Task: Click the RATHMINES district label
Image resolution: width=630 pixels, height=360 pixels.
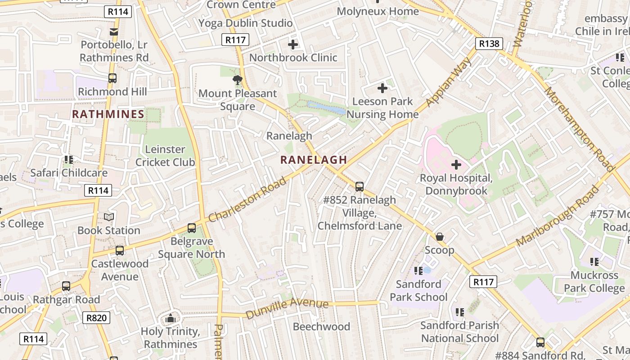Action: [108, 114]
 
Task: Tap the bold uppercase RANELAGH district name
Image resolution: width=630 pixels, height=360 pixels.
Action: [314, 160]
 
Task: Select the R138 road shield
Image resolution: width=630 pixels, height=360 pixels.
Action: [489, 44]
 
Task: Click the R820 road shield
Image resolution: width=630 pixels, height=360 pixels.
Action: [97, 318]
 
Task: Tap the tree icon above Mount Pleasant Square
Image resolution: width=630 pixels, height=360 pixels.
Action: [237, 81]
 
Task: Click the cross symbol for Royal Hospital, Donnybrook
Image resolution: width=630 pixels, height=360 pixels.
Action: [456, 165]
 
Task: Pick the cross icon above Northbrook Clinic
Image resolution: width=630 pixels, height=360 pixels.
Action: [293, 45]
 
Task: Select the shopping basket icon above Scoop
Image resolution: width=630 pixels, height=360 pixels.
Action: [440, 237]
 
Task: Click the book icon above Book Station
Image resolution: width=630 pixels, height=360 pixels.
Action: [109, 217]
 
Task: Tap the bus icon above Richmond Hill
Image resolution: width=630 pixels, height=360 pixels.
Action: [112, 78]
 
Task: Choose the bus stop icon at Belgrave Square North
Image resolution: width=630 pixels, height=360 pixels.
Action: [192, 228]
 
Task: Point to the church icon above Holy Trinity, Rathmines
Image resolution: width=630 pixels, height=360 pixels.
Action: [170, 319]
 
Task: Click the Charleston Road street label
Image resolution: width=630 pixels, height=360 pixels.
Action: [247, 199]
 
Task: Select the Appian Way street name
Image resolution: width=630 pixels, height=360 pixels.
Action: [448, 82]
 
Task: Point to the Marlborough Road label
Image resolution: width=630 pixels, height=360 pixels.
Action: [558, 216]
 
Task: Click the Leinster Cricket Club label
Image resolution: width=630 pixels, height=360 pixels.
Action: [165, 156]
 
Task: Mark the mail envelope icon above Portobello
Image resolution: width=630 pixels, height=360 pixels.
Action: [113, 31]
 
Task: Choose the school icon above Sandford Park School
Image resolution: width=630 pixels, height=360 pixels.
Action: [418, 270]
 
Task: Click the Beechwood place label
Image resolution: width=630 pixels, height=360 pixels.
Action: [321, 327]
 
